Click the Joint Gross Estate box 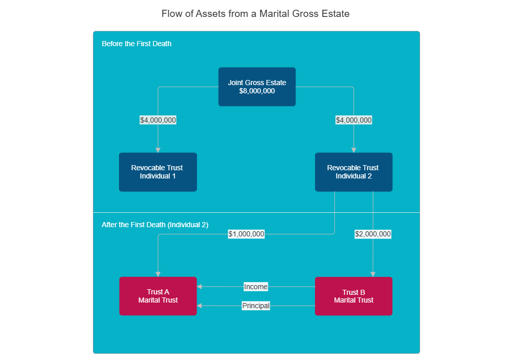coord(257,87)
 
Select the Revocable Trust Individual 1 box coord(157,172)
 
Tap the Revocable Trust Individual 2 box coord(353,172)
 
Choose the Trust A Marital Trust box coord(157,296)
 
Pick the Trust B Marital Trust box coord(353,296)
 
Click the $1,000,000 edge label coord(246,234)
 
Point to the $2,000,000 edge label coord(373,234)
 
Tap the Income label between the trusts coord(255,287)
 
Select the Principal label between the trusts coord(255,306)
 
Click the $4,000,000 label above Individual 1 coord(158,120)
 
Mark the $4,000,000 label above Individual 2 coord(353,120)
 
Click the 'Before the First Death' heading coord(136,44)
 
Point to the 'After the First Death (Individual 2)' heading coord(155,225)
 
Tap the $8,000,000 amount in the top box coord(257,91)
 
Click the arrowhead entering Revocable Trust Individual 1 coord(158,150)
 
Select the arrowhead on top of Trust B coord(373,274)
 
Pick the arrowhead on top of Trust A coord(158,274)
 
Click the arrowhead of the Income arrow coord(200,287)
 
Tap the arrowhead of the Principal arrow coord(200,306)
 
